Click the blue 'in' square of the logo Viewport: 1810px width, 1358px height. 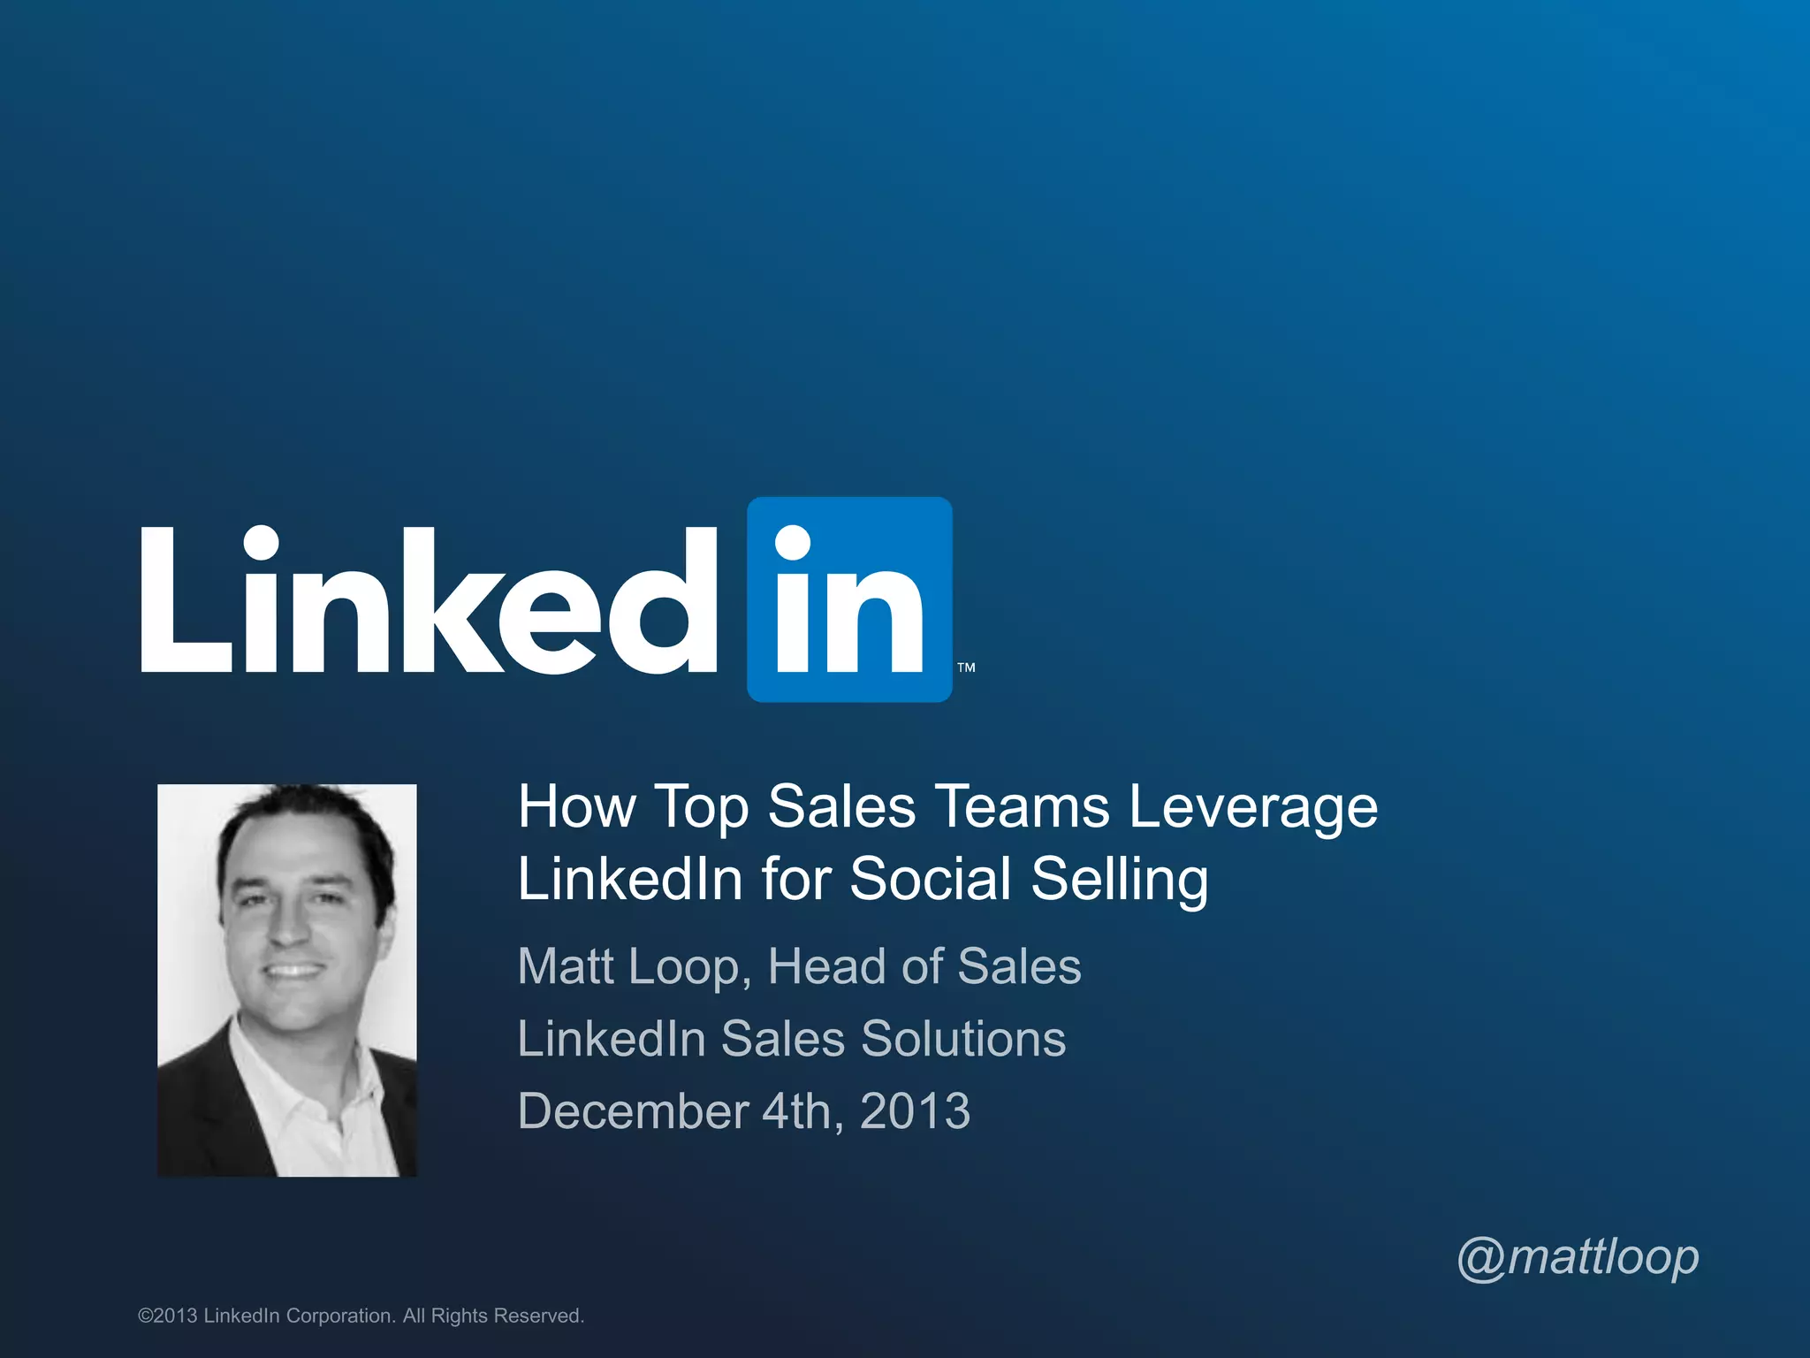pyautogui.click(x=849, y=599)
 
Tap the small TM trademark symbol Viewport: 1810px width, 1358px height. pyautogui.click(x=966, y=668)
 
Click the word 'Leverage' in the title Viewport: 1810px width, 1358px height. pyautogui.click(x=1252, y=808)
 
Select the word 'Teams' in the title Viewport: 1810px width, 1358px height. pyautogui.click(x=1022, y=806)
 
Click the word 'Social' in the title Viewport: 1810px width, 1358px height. pyautogui.click(x=930, y=879)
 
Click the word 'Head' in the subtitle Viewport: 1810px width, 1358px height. pyautogui.click(x=827, y=965)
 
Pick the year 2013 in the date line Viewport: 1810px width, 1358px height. pyautogui.click(x=915, y=1110)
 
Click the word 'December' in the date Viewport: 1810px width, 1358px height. pyautogui.click(x=633, y=1110)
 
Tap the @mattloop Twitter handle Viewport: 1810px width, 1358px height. pyautogui.click(x=1578, y=1257)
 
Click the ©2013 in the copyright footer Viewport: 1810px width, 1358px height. pyautogui.click(x=168, y=1316)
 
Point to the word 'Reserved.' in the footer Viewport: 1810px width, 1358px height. pyautogui.click(x=538, y=1316)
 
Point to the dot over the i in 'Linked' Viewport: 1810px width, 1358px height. pyautogui.click(x=261, y=542)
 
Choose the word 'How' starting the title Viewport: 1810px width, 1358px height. pyautogui.click(x=576, y=806)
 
